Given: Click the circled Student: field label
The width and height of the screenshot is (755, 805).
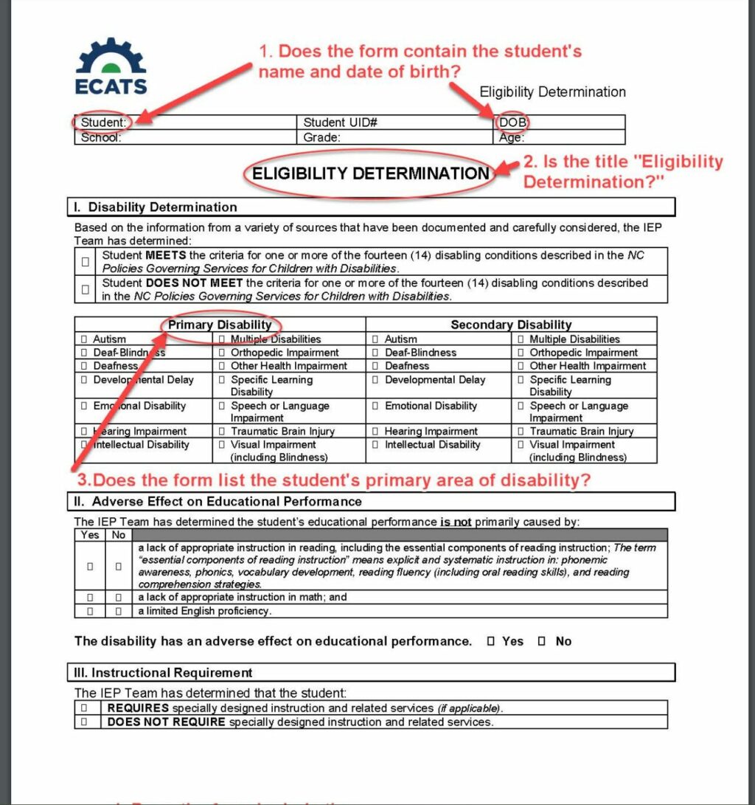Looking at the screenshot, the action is tap(104, 122).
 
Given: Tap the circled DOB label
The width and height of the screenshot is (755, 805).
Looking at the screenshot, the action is tap(512, 122).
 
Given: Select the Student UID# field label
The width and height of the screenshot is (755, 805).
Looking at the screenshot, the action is tap(341, 122).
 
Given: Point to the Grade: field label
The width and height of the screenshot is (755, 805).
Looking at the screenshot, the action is tap(322, 137).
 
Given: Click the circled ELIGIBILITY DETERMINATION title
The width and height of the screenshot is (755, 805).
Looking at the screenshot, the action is tap(371, 173).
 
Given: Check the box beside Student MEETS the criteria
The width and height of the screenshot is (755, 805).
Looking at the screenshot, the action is tap(86, 261).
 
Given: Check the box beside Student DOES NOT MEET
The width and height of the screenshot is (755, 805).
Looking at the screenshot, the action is tap(86, 289).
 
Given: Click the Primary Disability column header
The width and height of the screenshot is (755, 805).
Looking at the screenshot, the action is tap(220, 325).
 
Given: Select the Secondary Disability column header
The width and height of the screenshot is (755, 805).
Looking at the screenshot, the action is tap(511, 325).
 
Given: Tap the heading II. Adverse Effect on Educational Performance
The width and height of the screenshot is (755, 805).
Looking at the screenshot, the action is tap(226, 502).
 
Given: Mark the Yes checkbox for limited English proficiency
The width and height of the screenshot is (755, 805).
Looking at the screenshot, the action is tap(90, 611).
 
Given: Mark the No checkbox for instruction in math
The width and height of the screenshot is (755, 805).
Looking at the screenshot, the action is tap(118, 597).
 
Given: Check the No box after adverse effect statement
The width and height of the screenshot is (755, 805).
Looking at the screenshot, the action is tap(541, 642).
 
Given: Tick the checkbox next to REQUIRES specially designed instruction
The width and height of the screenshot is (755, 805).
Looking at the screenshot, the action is tap(84, 708).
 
